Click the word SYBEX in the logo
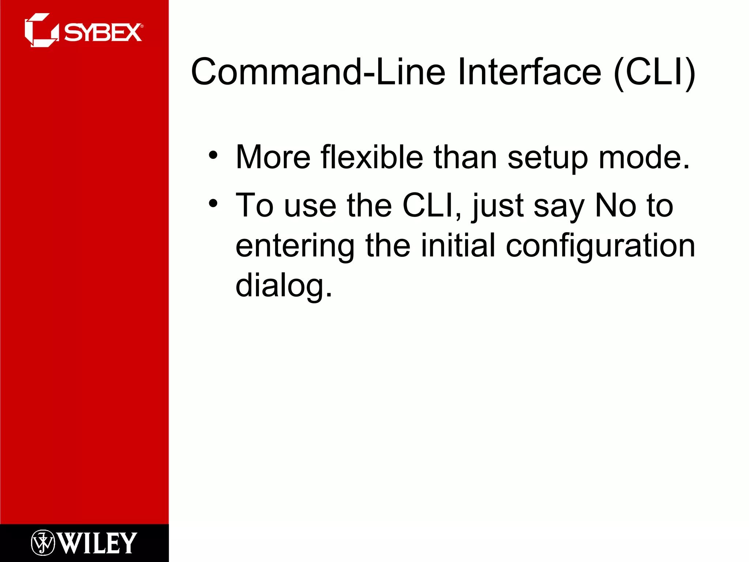pos(103,33)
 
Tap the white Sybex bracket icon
pos(41,30)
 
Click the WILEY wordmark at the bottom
pos(97,543)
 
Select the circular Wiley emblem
pos(43,543)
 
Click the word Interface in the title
pos(529,72)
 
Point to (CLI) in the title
pos(655,72)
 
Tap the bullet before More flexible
pos(213,155)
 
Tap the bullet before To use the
pos(213,203)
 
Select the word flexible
pos(372,157)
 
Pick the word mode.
pos(644,157)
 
